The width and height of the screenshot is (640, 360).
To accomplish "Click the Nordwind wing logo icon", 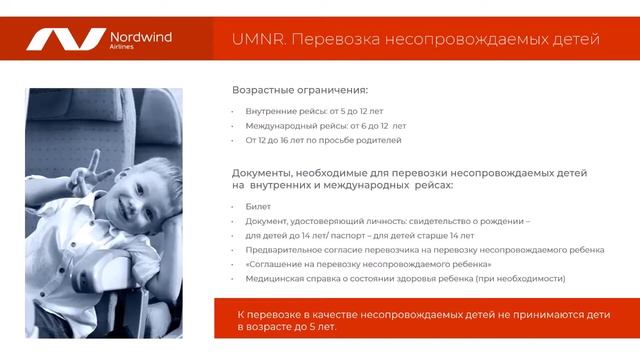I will pos(64,40).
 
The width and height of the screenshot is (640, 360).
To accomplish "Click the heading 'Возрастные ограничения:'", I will pos(300,89).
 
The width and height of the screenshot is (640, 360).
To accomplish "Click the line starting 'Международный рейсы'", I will pos(326,126).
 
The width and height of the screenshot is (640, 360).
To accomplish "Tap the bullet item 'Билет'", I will pos(258,206).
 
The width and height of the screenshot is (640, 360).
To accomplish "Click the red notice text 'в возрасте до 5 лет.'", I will pos(287,327).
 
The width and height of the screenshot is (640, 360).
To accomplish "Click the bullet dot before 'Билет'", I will pos(233,207).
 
